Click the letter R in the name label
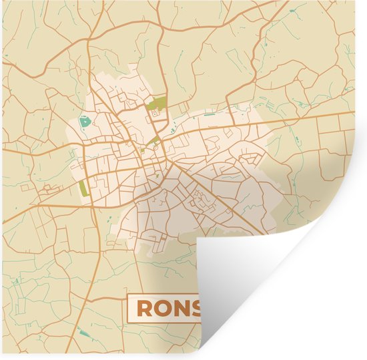pyautogui.click(x=144, y=308)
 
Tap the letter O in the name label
pyautogui.click(x=162, y=308)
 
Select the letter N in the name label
pyautogui.click(x=180, y=308)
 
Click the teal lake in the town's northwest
pyautogui.click(x=84, y=123)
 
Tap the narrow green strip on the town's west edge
pyautogui.click(x=83, y=189)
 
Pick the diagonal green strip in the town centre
pyautogui.click(x=153, y=141)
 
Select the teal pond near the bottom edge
pyautogui.click(x=83, y=332)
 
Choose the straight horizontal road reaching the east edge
pyautogui.click(x=314, y=118)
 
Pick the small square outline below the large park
pyautogui.click(x=155, y=114)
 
